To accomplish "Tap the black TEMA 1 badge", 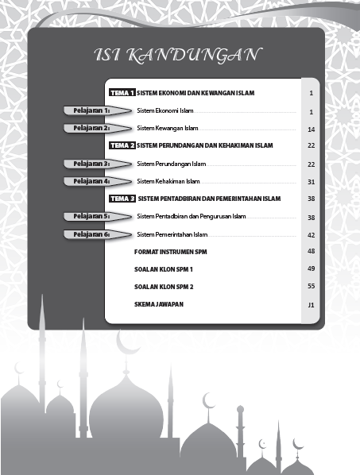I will pyautogui.click(x=122, y=93).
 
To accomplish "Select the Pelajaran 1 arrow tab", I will pyautogui.click(x=91, y=110).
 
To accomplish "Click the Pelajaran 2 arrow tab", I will pyautogui.click(x=91, y=128).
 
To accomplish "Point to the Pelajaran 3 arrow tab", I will pyautogui.click(x=91, y=164).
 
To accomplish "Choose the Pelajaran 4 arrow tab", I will pyautogui.click(x=91, y=181).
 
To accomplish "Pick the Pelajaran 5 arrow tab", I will pyautogui.click(x=91, y=216).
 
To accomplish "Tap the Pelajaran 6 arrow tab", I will pyautogui.click(x=91, y=234).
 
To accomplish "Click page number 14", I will pyautogui.click(x=312, y=129).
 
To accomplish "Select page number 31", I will pyautogui.click(x=312, y=182).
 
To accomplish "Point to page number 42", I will pyautogui.click(x=312, y=235).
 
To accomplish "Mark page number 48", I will pyautogui.click(x=312, y=251).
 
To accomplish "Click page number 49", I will pyautogui.click(x=312, y=269).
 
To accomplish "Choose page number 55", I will pyautogui.click(x=312, y=287).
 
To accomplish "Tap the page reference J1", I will pyautogui.click(x=312, y=305).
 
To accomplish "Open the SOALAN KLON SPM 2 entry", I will pyautogui.click(x=165, y=286).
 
